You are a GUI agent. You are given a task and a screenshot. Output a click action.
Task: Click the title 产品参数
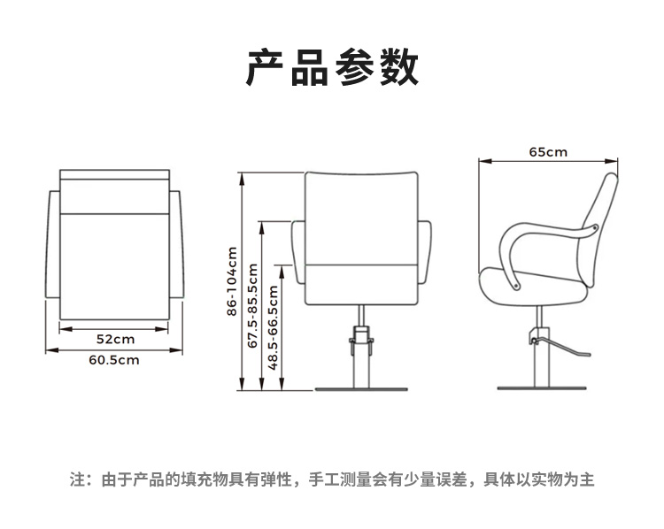click(332, 68)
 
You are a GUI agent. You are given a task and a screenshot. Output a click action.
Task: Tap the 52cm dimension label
click(115, 339)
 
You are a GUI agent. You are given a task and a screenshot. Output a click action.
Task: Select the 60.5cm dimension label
click(114, 360)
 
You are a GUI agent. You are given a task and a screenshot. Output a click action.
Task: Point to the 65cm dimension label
click(548, 152)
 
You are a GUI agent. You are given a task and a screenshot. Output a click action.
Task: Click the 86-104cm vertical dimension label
click(232, 281)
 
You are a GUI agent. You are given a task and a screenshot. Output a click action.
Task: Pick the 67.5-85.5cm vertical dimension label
click(252, 305)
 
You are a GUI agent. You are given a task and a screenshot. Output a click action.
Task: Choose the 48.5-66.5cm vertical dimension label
click(273, 328)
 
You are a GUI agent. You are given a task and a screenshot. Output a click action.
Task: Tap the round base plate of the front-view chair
click(361, 389)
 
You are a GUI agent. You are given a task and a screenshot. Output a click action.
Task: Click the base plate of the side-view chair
click(542, 387)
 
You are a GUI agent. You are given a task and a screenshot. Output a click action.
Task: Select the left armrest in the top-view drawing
click(53, 245)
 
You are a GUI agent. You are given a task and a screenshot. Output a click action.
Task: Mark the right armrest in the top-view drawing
click(176, 245)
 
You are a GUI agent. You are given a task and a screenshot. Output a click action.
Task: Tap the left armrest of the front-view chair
click(298, 252)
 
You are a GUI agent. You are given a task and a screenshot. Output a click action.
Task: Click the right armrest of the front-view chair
click(425, 252)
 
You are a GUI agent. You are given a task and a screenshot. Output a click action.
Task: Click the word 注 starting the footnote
click(78, 480)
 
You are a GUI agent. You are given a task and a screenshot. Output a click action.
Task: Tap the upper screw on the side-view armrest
click(594, 228)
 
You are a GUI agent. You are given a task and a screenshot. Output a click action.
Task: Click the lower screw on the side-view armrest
click(516, 286)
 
